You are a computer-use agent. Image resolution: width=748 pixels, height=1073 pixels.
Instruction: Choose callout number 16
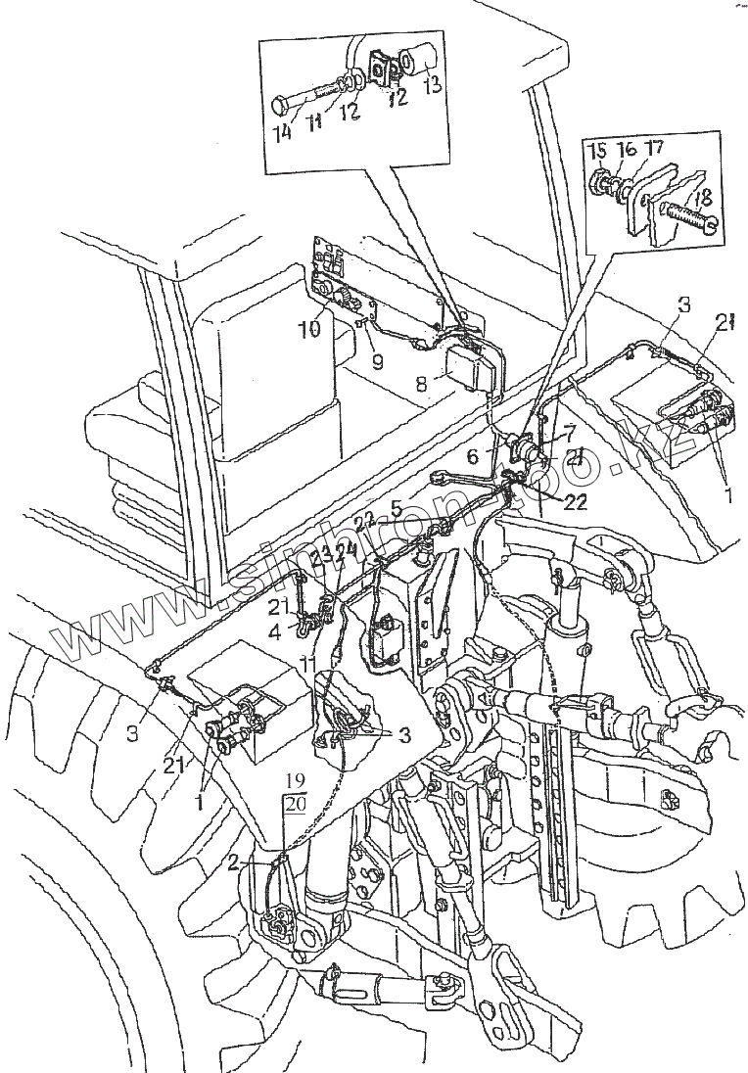pyautogui.click(x=625, y=150)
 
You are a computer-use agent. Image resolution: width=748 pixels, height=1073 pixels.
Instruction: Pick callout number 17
pyautogui.click(x=653, y=150)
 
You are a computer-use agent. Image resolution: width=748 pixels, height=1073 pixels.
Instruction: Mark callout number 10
pyautogui.click(x=310, y=328)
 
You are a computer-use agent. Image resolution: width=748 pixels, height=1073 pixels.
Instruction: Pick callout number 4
pyautogui.click(x=276, y=631)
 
